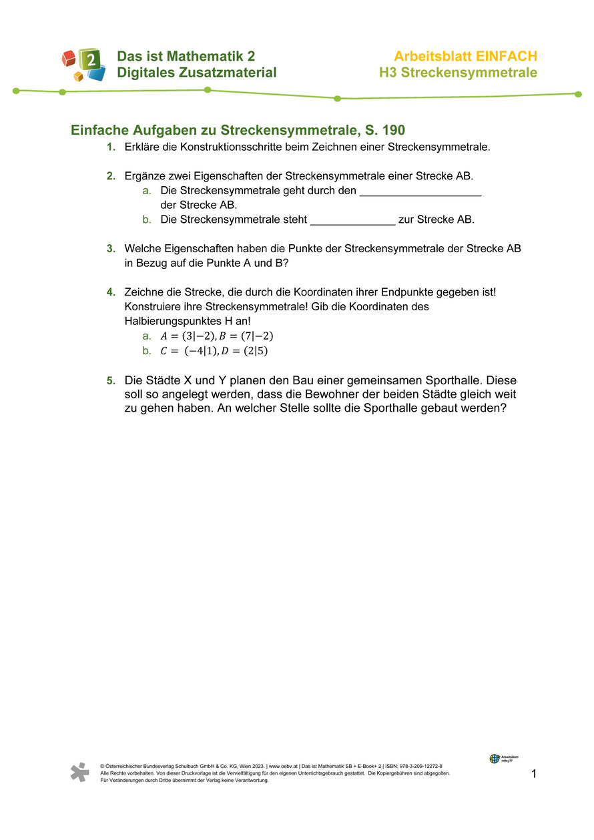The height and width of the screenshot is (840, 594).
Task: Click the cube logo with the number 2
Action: click(x=84, y=65)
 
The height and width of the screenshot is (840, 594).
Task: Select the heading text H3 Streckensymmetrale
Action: click(x=458, y=73)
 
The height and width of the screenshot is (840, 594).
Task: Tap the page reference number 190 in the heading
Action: click(x=394, y=130)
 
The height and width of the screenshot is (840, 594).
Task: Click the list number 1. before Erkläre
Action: click(x=111, y=147)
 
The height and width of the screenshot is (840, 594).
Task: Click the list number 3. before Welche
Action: click(x=111, y=249)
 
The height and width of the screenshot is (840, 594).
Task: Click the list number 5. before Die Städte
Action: click(x=111, y=381)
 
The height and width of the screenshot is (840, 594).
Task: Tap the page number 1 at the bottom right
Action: click(x=534, y=774)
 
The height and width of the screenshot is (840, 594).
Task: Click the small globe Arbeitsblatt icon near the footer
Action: click(x=495, y=759)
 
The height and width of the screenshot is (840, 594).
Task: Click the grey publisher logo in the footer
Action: click(x=80, y=772)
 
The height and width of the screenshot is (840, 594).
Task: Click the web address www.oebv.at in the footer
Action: click(x=284, y=767)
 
